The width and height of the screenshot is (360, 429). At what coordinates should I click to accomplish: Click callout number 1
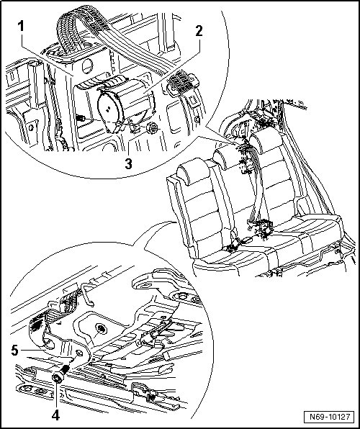tap(21, 27)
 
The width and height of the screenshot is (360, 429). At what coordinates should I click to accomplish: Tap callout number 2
tap(199, 31)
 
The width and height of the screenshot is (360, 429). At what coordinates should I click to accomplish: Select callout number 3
tap(128, 164)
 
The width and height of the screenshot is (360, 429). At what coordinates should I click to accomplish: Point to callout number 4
tap(55, 415)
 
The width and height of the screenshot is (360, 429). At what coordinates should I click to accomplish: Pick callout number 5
tap(15, 351)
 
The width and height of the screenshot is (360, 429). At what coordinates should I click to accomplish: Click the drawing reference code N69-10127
tap(330, 417)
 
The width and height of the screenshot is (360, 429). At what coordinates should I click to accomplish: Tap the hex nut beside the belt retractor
tap(152, 127)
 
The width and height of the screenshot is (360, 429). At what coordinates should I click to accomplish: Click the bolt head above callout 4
tap(58, 378)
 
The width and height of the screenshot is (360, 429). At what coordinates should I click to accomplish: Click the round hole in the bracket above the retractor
tap(87, 66)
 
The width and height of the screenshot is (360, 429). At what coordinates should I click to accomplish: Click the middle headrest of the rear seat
tap(225, 157)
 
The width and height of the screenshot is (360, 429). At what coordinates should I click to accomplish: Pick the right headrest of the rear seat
tap(266, 140)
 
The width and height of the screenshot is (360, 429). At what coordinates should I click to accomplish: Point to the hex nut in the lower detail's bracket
tap(102, 329)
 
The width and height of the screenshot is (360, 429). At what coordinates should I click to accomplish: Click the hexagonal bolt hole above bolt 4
tap(78, 353)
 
